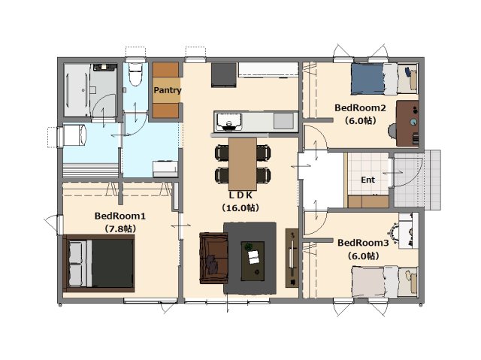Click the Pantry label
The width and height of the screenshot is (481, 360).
click(167, 90)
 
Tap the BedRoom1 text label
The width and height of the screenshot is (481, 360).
click(120, 216)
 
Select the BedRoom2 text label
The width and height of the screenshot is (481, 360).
click(360, 108)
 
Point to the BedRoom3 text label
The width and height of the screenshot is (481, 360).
click(363, 243)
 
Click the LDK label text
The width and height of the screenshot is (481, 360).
click(240, 195)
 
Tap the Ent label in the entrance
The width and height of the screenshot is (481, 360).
click(368, 180)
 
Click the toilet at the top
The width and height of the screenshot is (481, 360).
click(135, 74)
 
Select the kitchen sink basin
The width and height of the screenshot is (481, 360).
click(228, 122)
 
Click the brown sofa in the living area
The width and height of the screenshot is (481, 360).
click(213, 258)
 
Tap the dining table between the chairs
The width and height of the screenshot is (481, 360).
click(243, 164)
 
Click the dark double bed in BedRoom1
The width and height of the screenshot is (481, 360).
click(98, 263)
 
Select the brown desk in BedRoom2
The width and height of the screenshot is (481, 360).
click(407, 123)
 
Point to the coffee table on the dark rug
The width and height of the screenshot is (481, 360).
click(253, 261)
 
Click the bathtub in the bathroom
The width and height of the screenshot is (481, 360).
click(77, 90)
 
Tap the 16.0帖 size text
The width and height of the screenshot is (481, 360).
click(240, 208)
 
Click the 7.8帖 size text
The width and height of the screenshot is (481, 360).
click(120, 228)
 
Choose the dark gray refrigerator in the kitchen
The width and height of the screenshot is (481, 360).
click(224, 75)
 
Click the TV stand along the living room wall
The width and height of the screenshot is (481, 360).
click(292, 258)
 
